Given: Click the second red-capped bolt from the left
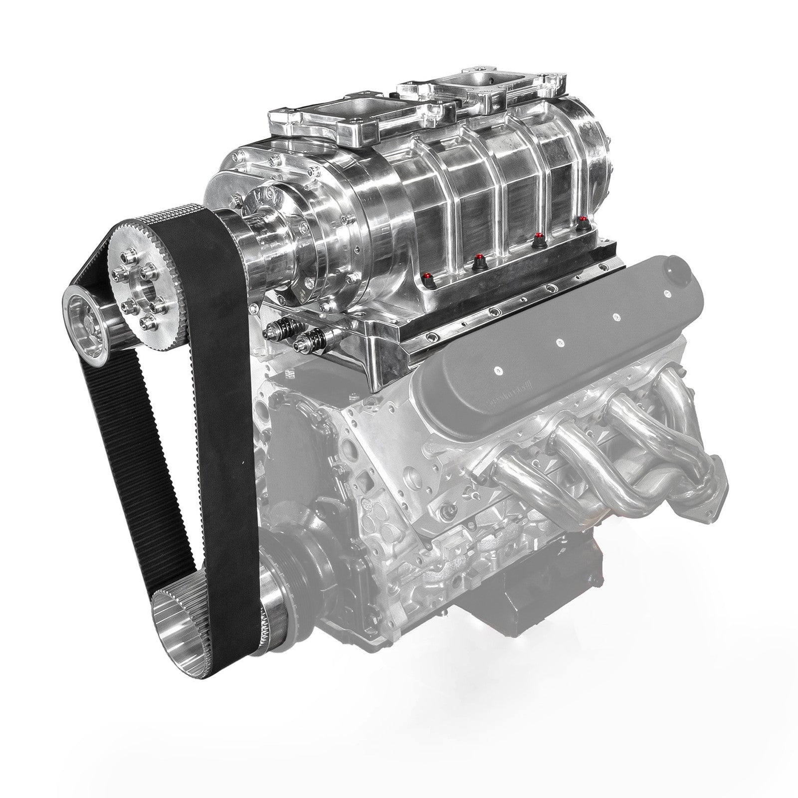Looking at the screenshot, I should pos(479,259).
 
